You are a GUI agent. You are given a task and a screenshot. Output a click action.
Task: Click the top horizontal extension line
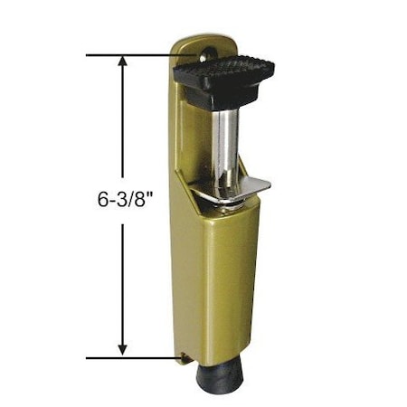click(x=136, y=55)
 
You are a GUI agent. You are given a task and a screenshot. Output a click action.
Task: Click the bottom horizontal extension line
click(x=136, y=357)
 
